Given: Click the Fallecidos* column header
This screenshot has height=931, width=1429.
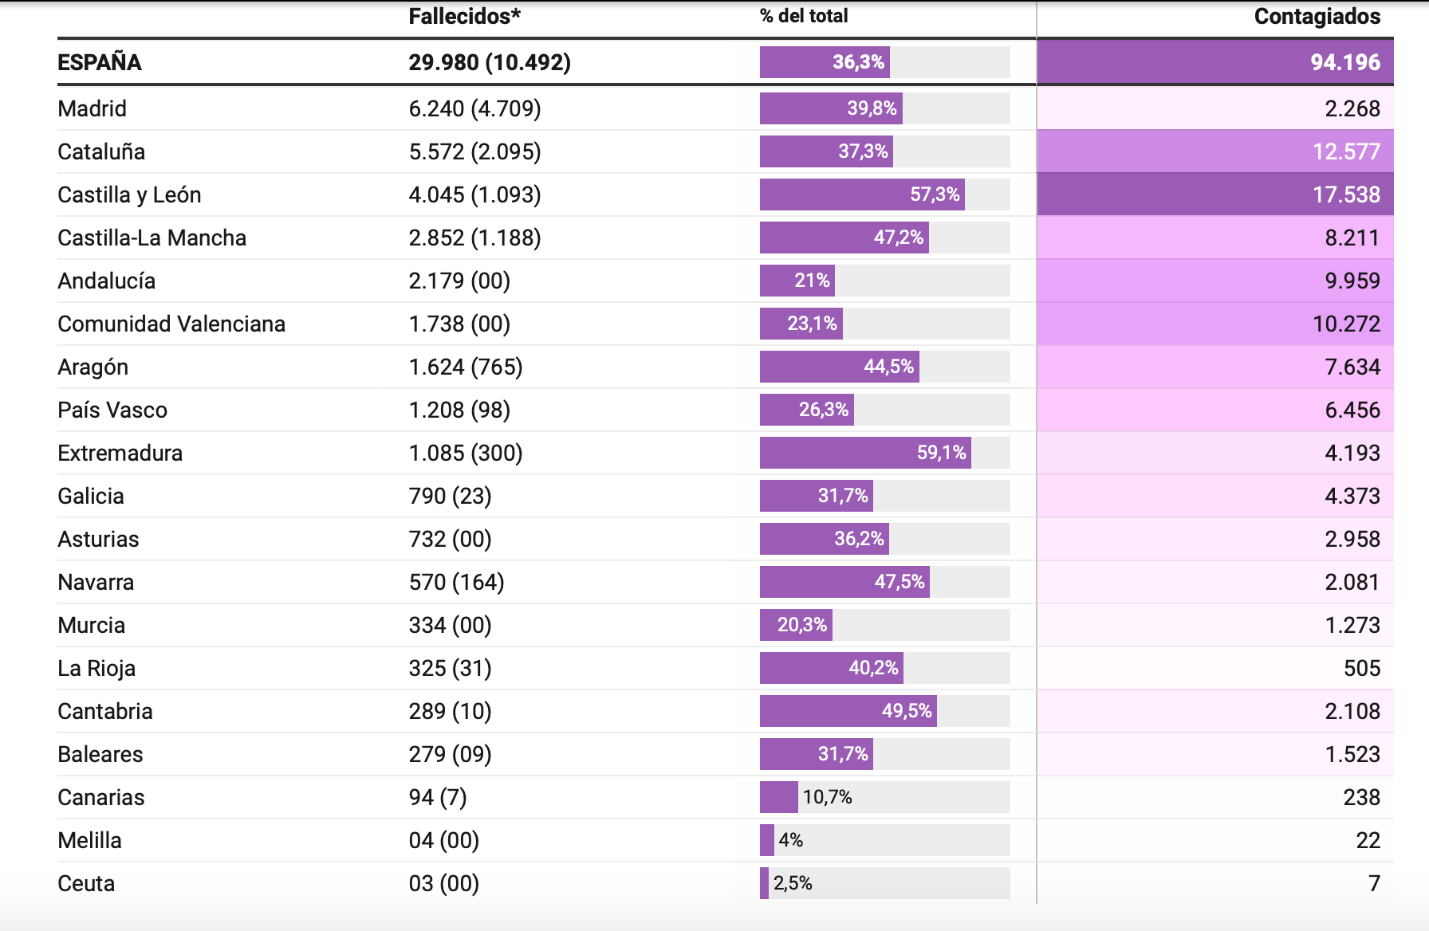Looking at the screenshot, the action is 464,16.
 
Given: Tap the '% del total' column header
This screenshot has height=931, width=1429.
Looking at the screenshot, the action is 804,16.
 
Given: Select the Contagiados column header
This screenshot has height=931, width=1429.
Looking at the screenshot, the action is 1317,16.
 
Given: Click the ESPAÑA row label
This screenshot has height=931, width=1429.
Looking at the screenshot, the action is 100,62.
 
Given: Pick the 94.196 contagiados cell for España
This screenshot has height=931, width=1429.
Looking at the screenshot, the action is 1345,62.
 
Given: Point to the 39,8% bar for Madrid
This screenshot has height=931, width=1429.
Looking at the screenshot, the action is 831,108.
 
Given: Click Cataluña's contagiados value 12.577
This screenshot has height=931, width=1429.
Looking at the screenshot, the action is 1346,151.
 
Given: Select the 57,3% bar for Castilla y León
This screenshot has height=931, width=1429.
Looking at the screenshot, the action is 862,194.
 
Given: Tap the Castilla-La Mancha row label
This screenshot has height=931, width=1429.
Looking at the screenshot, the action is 152,238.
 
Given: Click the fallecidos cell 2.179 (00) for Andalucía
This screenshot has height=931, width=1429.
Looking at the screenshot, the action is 459,281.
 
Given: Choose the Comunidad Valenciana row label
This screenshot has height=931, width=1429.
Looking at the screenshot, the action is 171,324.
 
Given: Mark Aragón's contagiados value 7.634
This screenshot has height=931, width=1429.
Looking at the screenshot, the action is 1352,367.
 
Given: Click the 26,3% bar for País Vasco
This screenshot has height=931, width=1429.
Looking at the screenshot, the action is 807,410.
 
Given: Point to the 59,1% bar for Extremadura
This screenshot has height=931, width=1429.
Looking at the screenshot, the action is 865,453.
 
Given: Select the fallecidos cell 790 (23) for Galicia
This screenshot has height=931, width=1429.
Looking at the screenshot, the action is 450,496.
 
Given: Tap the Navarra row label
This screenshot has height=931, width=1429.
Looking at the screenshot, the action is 96,582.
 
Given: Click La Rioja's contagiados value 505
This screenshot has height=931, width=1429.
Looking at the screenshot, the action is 1362,668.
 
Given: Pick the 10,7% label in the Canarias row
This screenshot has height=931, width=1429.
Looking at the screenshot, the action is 827,797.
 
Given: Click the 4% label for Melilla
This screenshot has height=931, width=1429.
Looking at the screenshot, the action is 791,840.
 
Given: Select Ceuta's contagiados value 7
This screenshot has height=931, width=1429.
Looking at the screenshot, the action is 1374,883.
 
